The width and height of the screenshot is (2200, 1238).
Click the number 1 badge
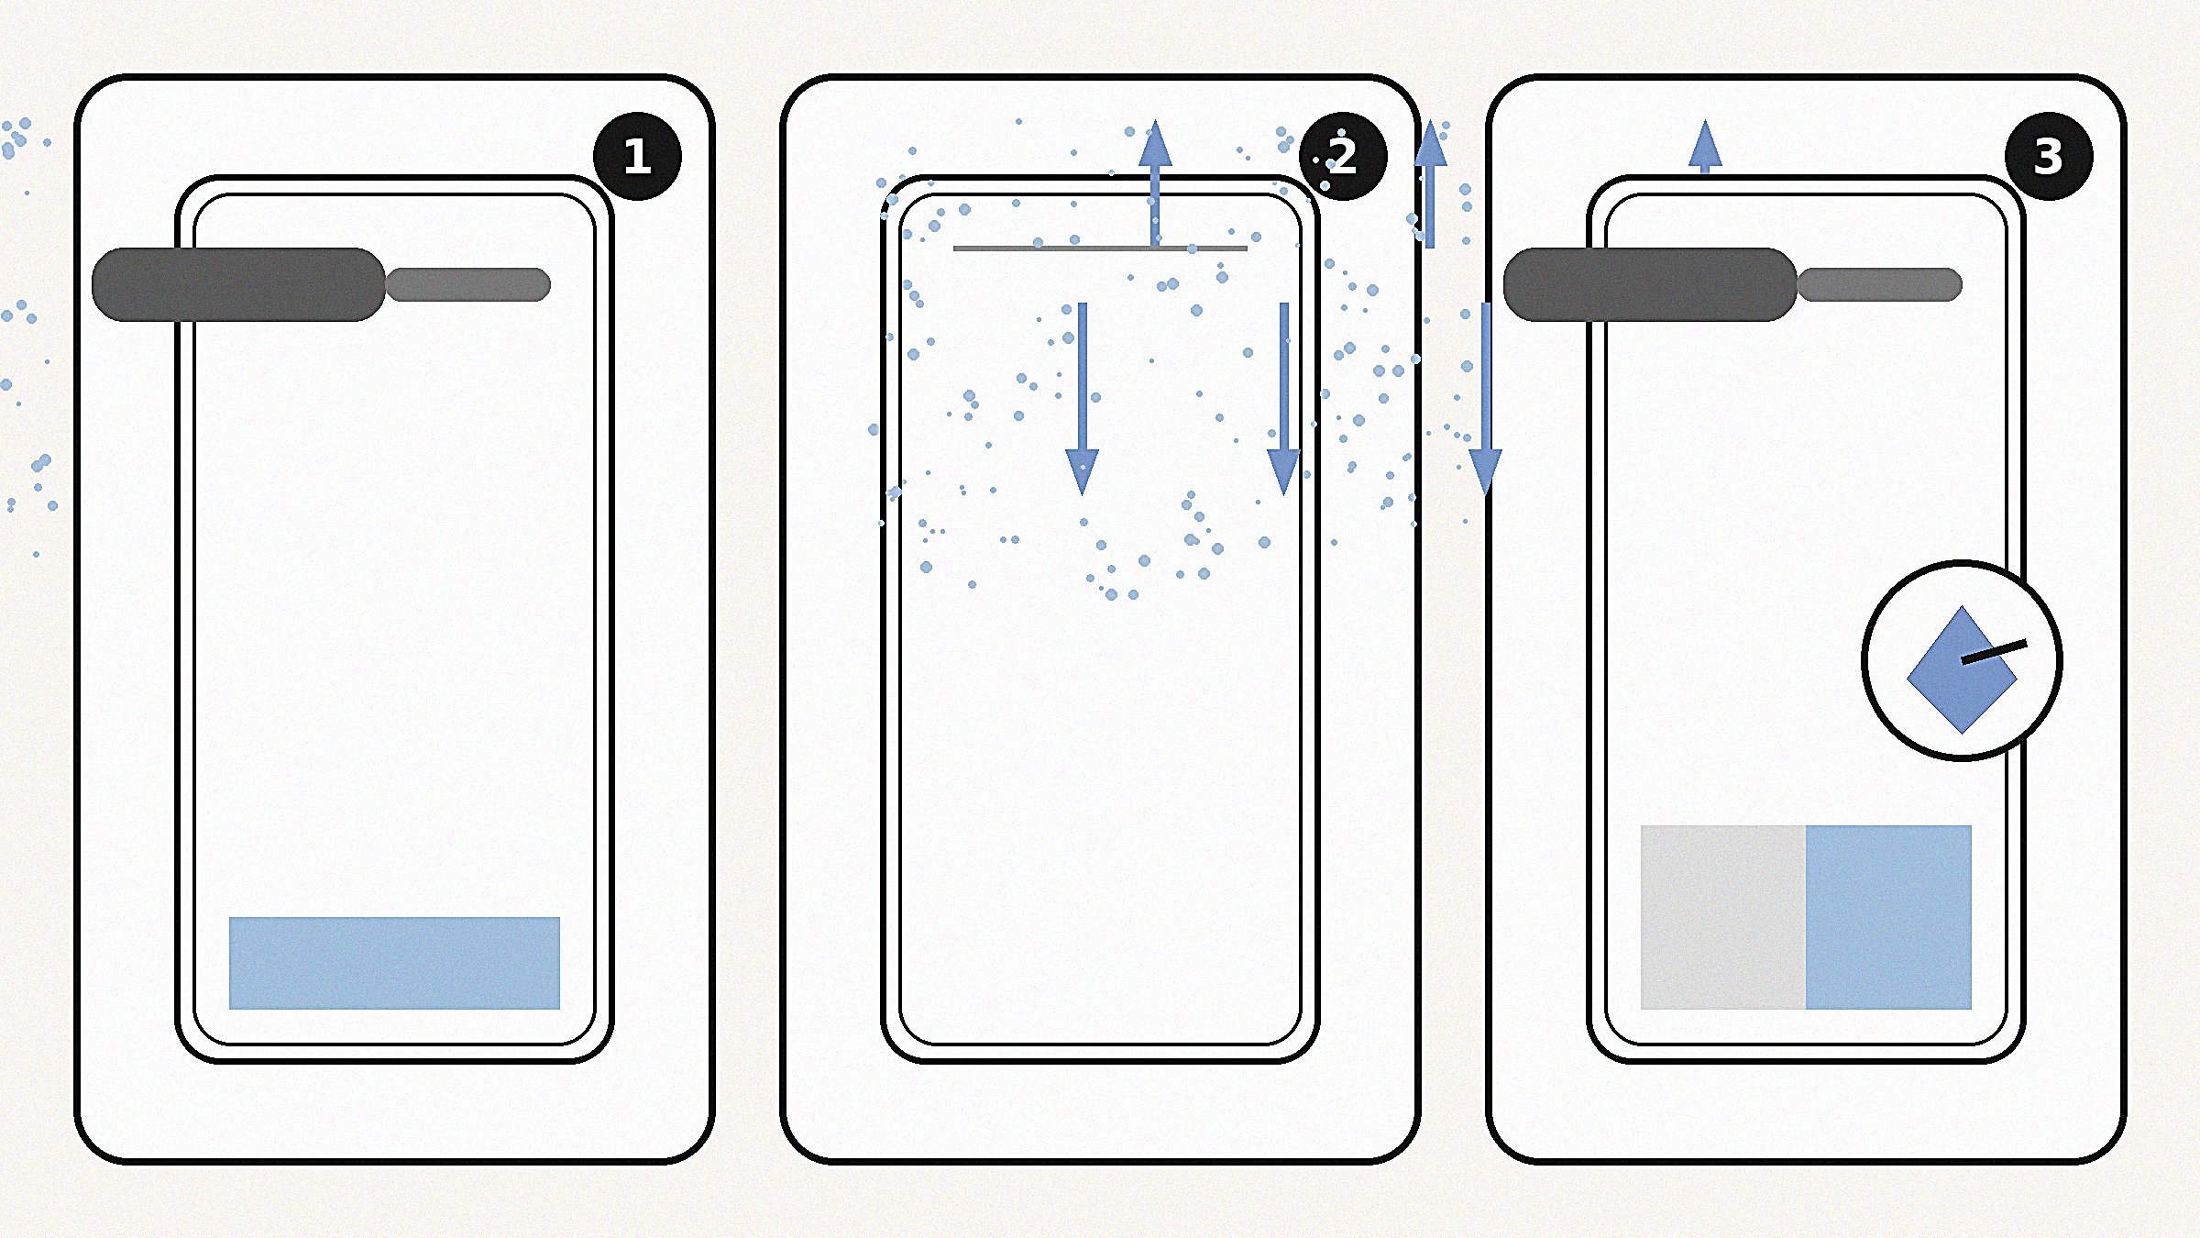click(637, 156)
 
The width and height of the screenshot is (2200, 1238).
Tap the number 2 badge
click(1343, 156)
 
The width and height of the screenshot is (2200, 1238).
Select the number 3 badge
click(2049, 156)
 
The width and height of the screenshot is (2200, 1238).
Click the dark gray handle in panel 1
click(238, 284)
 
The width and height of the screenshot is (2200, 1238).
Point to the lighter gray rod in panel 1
click(467, 284)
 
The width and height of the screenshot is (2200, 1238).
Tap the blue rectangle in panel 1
click(394, 963)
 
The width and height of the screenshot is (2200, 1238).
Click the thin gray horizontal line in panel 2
click(1100, 248)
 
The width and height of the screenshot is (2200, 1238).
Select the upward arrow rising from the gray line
click(1155, 183)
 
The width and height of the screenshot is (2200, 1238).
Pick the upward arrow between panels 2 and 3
click(1430, 183)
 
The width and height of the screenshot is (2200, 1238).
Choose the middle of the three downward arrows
click(1283, 399)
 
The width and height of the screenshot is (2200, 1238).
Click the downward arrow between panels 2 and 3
click(1485, 399)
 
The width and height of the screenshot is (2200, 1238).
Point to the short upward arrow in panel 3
click(1705, 147)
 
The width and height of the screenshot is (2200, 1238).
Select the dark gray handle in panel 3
click(1650, 284)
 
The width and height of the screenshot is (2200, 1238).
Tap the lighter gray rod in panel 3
click(1879, 284)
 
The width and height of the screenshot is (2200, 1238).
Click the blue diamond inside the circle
click(1962, 669)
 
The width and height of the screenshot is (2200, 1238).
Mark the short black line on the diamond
click(1994, 652)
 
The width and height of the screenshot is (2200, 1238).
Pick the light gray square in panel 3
click(1723, 917)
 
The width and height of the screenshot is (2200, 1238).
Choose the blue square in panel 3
click(1888, 917)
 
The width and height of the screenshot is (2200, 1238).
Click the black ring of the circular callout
click(1962, 562)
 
